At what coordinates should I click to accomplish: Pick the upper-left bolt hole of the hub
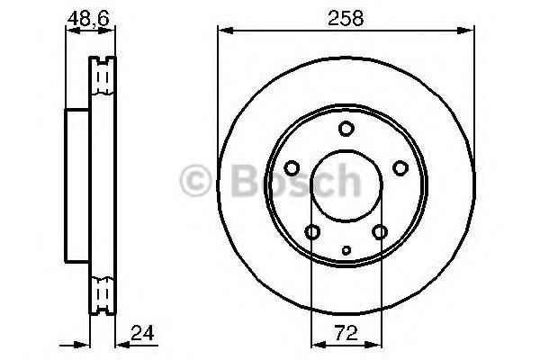coord(292,167)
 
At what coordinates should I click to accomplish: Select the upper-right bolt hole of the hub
coord(400,167)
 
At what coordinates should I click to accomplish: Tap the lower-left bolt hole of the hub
coord(312,232)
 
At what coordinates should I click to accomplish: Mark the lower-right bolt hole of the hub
coord(379,232)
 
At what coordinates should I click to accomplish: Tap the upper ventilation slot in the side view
coord(103,79)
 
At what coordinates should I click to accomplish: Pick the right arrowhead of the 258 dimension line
coord(468,33)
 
